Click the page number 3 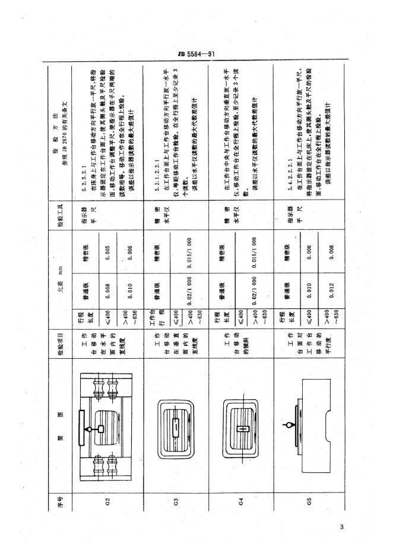click(342, 526)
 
